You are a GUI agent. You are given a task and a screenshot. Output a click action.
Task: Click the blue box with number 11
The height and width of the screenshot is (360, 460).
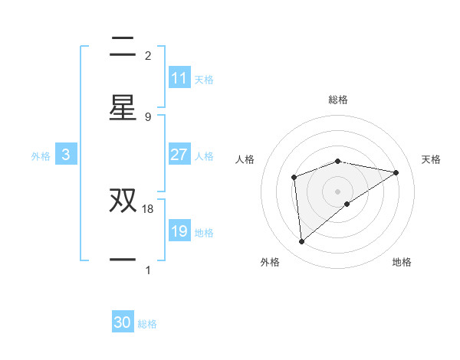[179, 78]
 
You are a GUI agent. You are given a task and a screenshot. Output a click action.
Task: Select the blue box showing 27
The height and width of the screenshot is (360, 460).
[179, 155]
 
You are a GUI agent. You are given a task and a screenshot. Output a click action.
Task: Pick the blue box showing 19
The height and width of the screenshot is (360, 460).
[179, 231]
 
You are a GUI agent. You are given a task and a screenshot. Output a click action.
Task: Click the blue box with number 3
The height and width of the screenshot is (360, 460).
[66, 155]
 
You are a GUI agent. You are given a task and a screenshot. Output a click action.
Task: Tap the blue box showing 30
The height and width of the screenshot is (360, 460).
[123, 322]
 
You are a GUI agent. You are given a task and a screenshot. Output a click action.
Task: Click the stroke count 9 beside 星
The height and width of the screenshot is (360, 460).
[148, 116]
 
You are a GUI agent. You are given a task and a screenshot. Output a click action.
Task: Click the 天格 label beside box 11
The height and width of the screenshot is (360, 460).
[204, 79]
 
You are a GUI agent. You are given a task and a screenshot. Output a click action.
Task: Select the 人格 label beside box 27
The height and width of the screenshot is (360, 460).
[204, 155]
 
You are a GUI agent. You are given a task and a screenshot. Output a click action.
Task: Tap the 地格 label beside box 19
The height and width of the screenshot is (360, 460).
[204, 232]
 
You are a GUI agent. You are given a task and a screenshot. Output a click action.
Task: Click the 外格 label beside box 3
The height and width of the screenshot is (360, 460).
[41, 155]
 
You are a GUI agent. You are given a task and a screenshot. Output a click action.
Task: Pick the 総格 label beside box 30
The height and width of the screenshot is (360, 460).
[147, 324]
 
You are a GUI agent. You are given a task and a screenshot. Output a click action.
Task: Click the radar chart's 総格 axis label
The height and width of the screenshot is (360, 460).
[338, 100]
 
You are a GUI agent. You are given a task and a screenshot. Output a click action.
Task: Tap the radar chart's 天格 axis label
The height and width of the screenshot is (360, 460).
[432, 159]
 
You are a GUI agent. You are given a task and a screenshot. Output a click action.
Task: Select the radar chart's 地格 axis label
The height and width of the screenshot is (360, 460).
[402, 262]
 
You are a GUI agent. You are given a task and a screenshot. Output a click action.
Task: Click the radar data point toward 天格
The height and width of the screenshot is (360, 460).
[396, 172]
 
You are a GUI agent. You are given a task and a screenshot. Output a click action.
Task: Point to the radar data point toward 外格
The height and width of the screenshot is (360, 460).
[302, 242]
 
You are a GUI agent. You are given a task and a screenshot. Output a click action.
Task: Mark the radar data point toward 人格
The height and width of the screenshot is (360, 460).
[294, 178]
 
